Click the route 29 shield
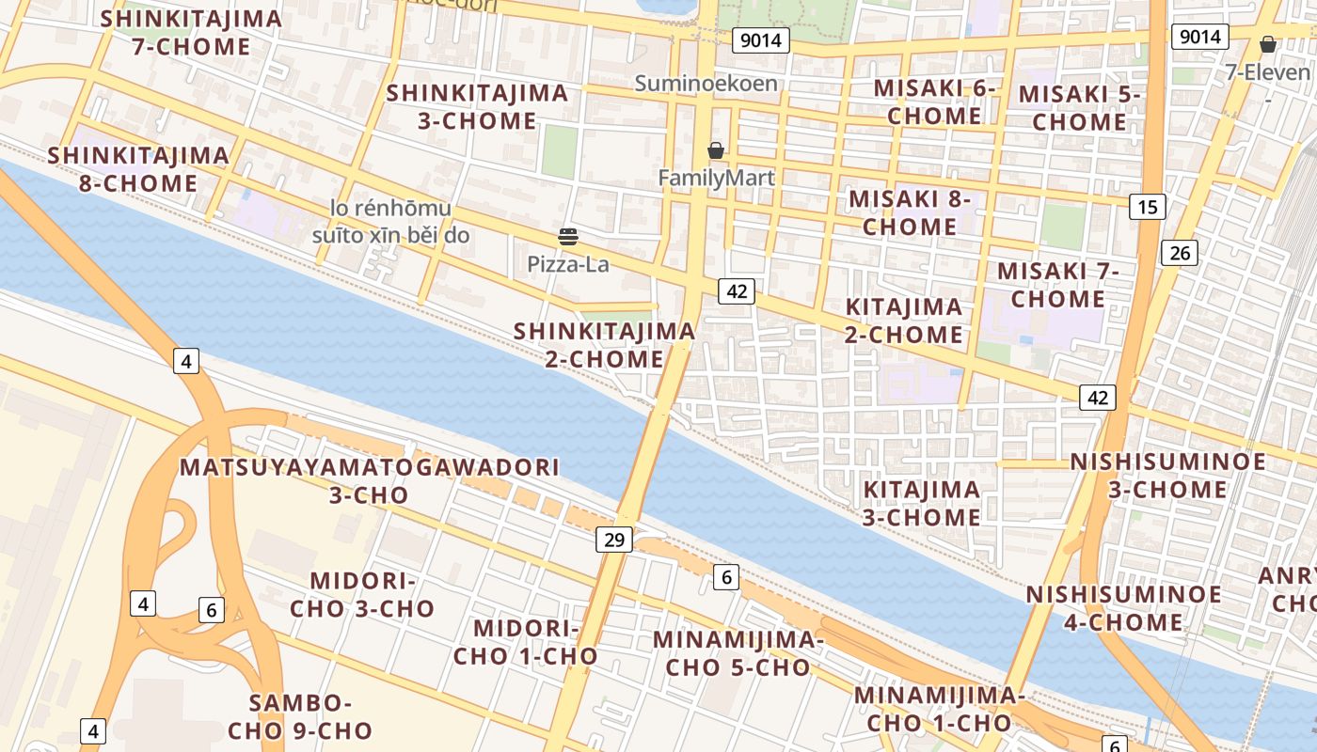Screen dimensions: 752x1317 [613, 540]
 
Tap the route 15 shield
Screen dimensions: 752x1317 [1148, 207]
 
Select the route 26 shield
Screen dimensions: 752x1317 [1180, 252]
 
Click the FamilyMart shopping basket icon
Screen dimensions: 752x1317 [716, 150]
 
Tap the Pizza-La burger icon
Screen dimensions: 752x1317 [568, 236]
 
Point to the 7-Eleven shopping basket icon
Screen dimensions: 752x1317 [1268, 44]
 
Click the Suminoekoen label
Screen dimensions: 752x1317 [706, 83]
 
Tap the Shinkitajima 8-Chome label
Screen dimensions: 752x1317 [138, 168]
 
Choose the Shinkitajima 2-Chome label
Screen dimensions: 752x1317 [604, 344]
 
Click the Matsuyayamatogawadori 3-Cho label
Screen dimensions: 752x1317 [370, 480]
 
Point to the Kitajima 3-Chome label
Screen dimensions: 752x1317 [922, 503]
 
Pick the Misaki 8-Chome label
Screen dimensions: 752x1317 [910, 212]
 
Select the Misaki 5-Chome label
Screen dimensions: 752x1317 [1079, 107]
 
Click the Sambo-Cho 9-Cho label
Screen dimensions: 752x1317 [300, 716]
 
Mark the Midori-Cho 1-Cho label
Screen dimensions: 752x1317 [525, 642]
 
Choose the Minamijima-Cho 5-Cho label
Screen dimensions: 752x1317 [738, 653]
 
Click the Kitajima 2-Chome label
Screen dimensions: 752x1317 [903, 320]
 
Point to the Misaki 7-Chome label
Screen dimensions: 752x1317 [1058, 285]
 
